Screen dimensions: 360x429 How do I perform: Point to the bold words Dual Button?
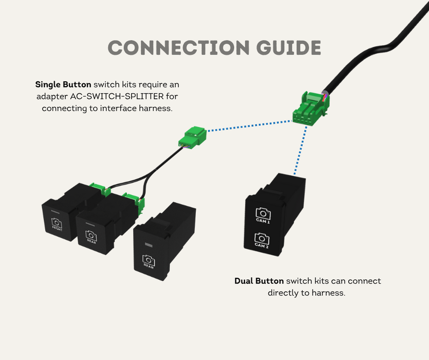pos(259,281)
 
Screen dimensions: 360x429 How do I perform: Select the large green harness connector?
pos(309,109)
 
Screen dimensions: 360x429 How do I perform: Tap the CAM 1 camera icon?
pos(263,213)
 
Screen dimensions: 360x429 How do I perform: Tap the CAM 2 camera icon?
pos(262,238)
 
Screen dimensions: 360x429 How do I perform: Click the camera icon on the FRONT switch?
pos(57,223)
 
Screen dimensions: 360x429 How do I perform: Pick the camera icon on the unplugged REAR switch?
pos(148,260)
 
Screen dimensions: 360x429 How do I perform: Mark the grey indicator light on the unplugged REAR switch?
pos(148,244)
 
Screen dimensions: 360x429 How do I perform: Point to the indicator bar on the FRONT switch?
pos(55,211)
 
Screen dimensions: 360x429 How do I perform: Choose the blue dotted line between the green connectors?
pos(249,127)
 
